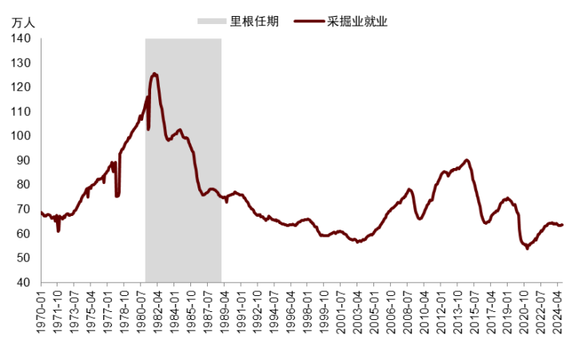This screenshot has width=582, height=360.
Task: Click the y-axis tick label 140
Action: tap(22, 38)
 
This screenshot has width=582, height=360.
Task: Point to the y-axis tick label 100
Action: tap(22, 136)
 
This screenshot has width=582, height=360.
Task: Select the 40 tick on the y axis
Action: tap(24, 282)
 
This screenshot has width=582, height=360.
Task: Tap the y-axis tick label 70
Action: tap(24, 210)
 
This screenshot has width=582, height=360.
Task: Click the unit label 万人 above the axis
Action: tap(23, 22)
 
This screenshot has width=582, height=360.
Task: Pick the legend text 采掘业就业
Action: tap(357, 22)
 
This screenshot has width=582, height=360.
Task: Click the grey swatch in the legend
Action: tap(211, 22)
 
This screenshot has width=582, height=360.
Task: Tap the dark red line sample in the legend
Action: tap(309, 22)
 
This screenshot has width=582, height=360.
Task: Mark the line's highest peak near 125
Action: tap(154, 74)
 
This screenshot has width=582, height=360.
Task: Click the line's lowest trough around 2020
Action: tap(527, 248)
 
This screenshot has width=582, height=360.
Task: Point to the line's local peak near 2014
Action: tap(467, 160)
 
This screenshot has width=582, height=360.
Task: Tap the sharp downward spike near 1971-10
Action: tap(58, 231)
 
